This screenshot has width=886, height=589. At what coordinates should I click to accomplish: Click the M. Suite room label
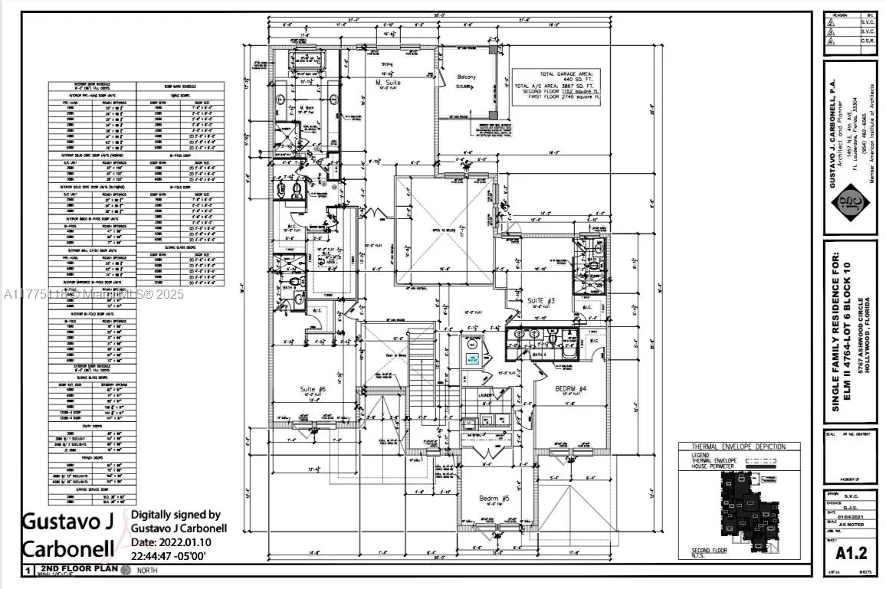[388, 82]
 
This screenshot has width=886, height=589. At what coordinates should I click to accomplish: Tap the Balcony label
[466, 77]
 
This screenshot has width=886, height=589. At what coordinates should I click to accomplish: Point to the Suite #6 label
[312, 389]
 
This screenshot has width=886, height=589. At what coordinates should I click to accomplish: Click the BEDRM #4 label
[571, 389]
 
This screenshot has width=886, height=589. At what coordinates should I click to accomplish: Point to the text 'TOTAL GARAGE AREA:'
[556, 74]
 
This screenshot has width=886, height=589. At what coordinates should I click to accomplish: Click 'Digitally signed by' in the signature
[176, 515]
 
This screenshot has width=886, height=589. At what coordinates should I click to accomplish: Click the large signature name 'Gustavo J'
[67, 523]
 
